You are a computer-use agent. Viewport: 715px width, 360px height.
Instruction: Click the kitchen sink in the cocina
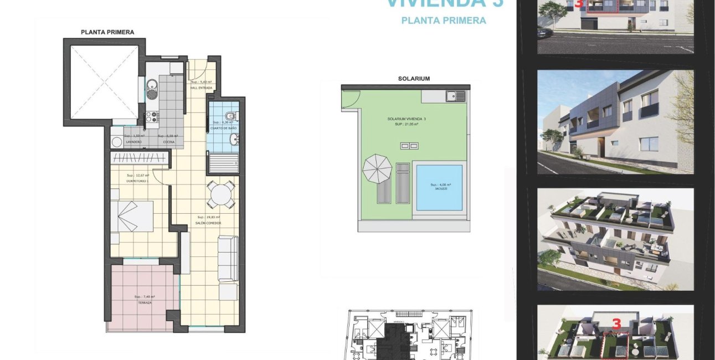tap(152, 86)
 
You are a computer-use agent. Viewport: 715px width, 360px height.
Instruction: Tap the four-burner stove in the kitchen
tap(152, 117)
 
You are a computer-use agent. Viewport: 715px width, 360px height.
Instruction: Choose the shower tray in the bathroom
tap(223, 161)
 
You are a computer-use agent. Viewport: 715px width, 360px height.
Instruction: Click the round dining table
tap(221, 194)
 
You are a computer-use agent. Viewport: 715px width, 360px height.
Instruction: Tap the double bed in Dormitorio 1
tap(132, 216)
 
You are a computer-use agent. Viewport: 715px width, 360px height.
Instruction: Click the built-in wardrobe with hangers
tap(140, 158)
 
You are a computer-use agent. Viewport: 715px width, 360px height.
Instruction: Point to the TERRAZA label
tap(145, 303)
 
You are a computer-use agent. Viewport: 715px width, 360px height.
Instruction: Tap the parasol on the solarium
tap(377, 169)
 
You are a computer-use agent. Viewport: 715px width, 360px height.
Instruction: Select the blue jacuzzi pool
tap(439, 188)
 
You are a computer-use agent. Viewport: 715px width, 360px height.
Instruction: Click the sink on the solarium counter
tap(457, 96)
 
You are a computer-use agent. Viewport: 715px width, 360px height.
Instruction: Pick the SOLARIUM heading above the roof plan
tap(414, 79)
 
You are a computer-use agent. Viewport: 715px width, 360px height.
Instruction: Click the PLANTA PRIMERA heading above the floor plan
tap(107, 32)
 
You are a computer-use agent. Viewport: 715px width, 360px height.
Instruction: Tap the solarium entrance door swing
tap(348, 100)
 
